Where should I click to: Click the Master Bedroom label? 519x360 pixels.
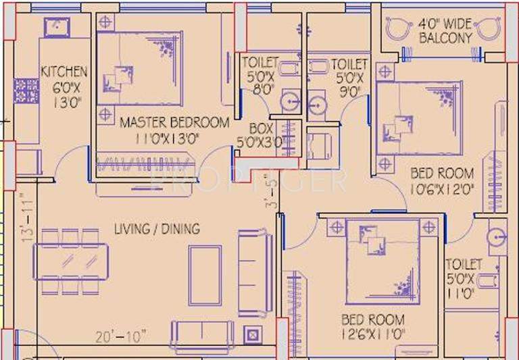174,130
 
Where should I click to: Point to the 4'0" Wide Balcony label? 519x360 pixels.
445,30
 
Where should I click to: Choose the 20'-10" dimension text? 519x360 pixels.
122,336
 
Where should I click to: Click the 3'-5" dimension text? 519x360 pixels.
272,192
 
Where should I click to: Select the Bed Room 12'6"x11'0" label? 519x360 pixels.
373,326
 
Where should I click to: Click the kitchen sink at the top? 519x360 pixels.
53,27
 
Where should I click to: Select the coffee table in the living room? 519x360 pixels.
205,275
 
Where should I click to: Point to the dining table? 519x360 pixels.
72,260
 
